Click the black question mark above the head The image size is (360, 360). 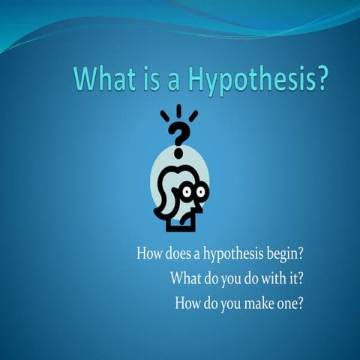[x=178, y=136]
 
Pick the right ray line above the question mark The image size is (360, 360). [x=193, y=116]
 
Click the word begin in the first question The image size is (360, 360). [x=281, y=253]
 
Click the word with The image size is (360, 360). [x=268, y=279]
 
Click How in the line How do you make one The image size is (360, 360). [x=189, y=304]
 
